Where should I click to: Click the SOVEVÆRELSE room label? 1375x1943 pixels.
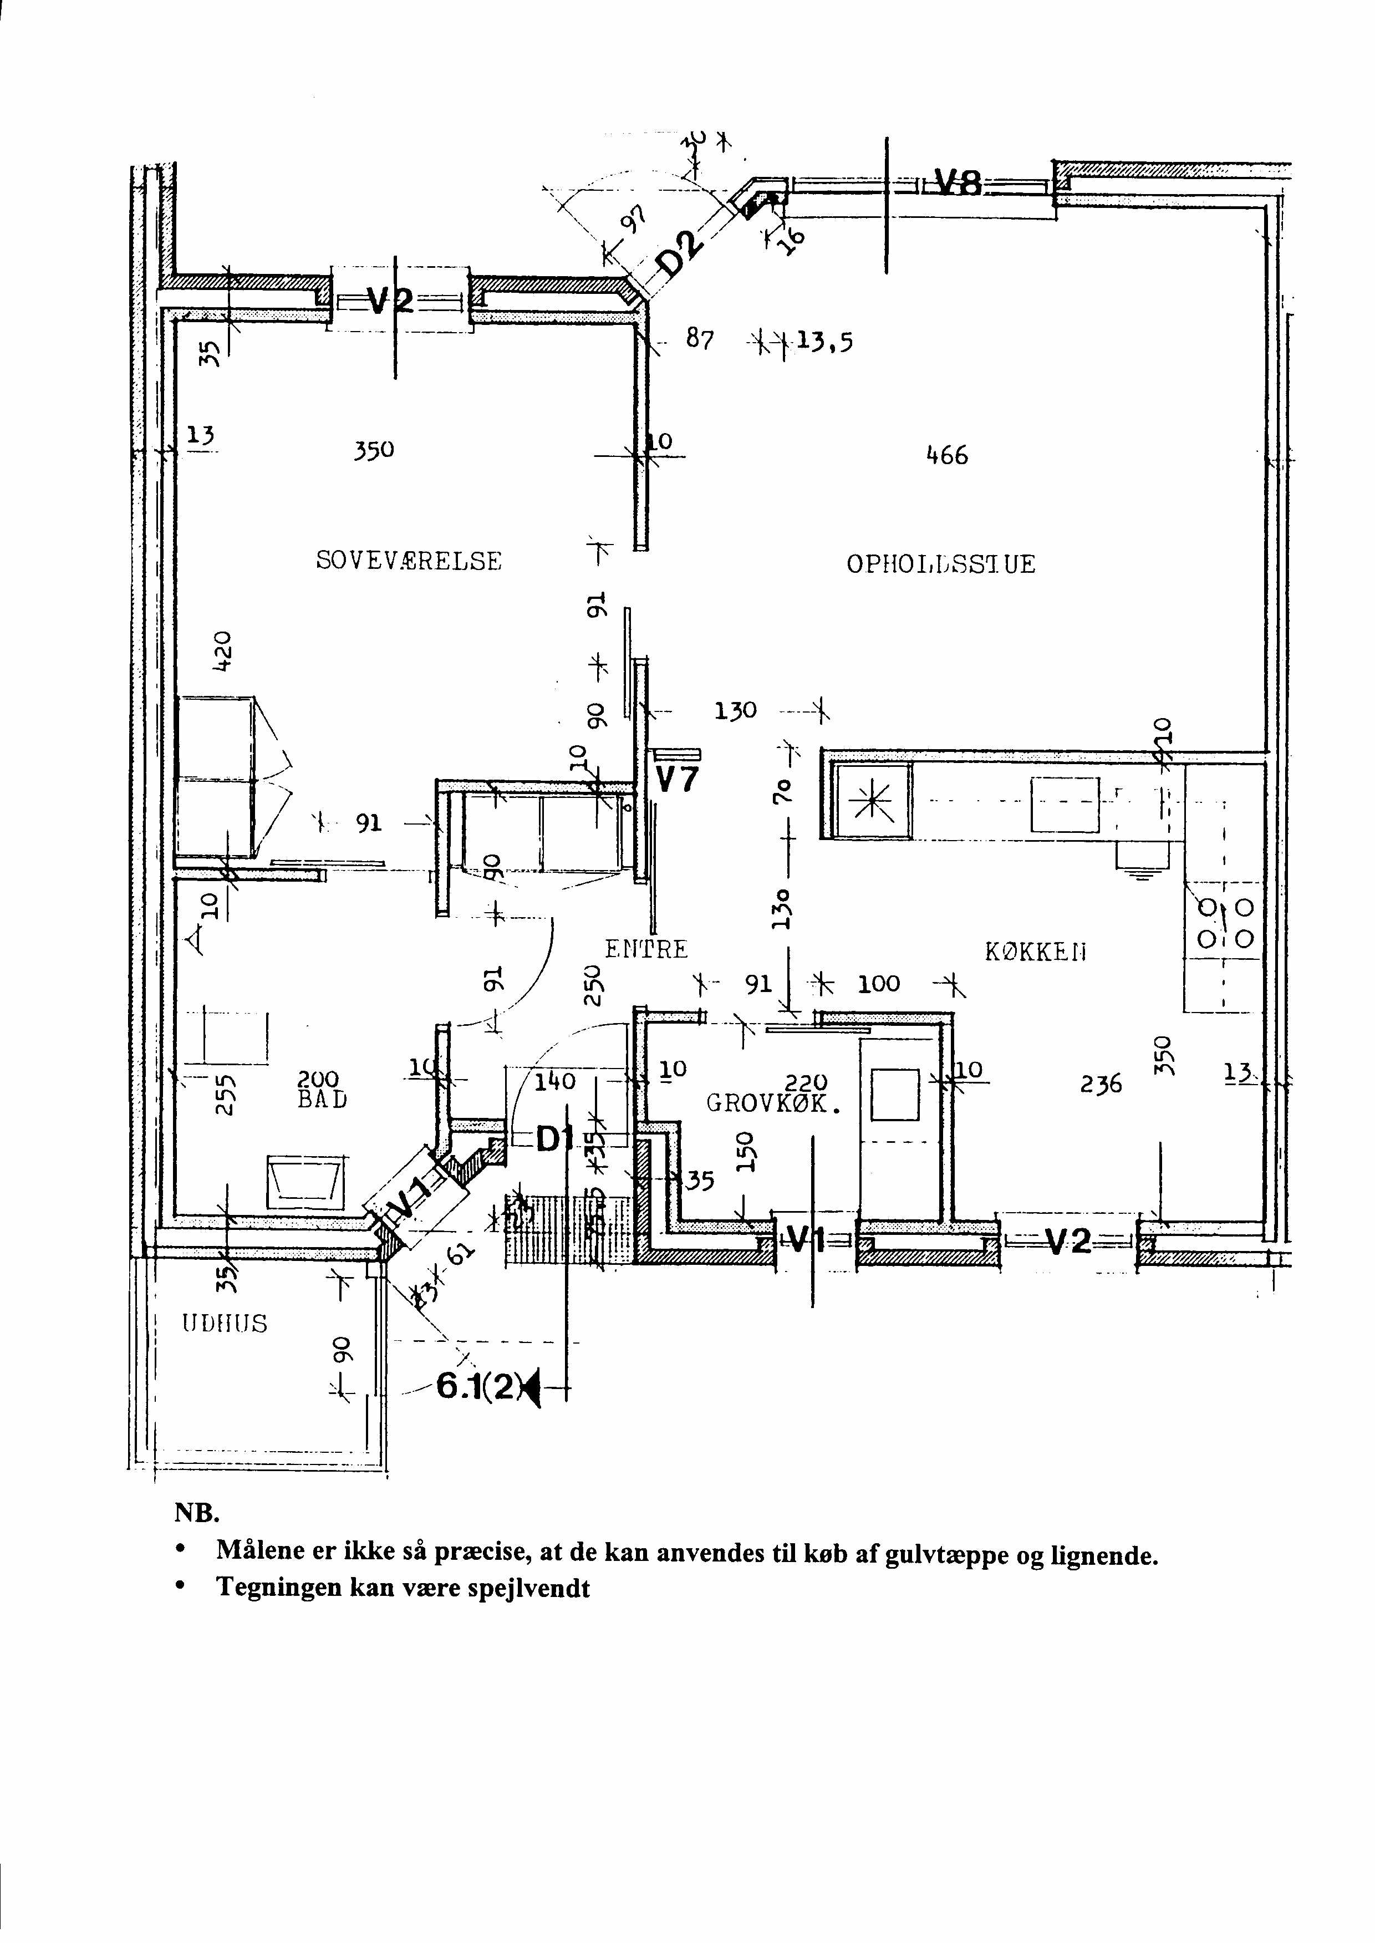(x=409, y=561)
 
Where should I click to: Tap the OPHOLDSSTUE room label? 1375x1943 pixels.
(x=941, y=564)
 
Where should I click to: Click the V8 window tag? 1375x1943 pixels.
(x=958, y=182)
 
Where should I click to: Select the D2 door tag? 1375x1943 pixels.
(x=680, y=253)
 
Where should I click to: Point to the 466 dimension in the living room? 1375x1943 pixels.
(x=946, y=455)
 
